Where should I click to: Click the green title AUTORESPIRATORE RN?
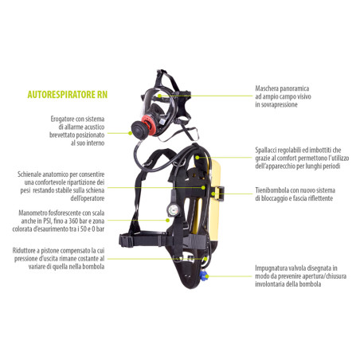(x=68, y=95)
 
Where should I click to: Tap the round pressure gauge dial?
(x=174, y=209)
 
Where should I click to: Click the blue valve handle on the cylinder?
(x=203, y=276)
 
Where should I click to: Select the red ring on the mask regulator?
(x=147, y=125)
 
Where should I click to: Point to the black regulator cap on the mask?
(x=139, y=129)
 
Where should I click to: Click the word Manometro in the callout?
(x=33, y=213)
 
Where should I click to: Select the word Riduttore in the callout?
(x=22, y=251)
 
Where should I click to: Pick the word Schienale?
(x=29, y=174)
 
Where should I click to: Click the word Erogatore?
(x=62, y=119)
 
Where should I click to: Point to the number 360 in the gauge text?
(x=73, y=221)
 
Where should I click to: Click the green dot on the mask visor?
(x=159, y=96)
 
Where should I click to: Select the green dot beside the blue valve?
(x=208, y=276)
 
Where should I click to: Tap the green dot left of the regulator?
(x=130, y=133)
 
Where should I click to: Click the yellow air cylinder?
(x=214, y=202)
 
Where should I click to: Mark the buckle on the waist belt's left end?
(x=126, y=241)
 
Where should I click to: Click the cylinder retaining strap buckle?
(x=220, y=194)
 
